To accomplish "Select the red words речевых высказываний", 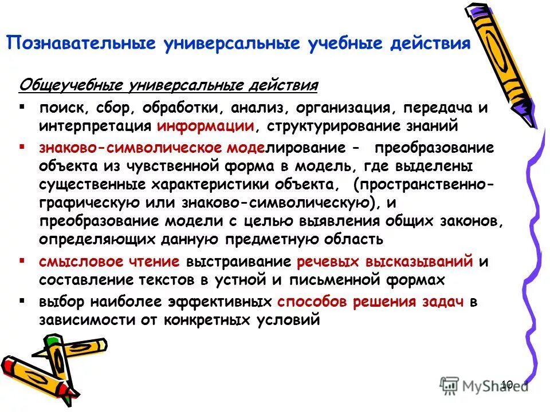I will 385,262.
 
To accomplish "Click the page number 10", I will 506,385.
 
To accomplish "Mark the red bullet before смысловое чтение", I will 22,260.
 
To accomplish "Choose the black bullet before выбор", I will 22,300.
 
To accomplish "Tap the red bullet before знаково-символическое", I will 22,146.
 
